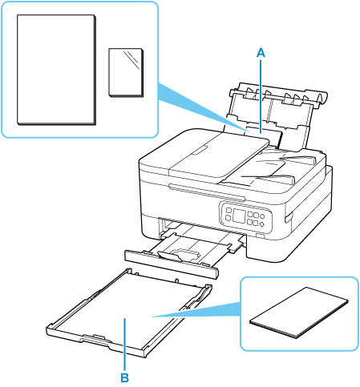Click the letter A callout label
(261, 53)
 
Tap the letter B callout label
(125, 378)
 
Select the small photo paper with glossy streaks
(126, 72)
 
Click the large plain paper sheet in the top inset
(56, 70)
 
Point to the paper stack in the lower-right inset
(299, 312)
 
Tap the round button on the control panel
(262, 216)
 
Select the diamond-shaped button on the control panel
(261, 224)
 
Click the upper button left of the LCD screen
(229, 211)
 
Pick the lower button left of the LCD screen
(228, 218)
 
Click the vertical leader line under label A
(261, 96)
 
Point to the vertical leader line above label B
(125, 345)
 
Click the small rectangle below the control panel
(260, 236)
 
